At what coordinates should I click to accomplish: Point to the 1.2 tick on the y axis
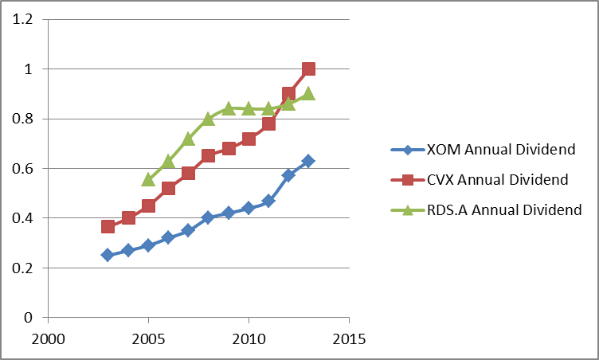coord(25,19)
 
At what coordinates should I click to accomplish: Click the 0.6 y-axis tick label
coord(25,168)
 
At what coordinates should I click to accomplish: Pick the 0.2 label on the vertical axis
coord(25,268)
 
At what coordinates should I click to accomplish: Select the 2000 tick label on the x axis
coord(48,338)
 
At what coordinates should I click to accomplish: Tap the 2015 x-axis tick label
coord(349,338)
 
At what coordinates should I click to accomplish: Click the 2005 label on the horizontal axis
coord(148,338)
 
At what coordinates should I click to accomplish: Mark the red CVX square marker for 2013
coord(308,69)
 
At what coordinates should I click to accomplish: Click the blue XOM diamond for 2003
coord(108,255)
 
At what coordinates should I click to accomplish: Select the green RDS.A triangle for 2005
coord(148,179)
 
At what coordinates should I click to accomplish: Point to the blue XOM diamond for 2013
coord(308,161)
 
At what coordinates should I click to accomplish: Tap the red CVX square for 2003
coord(108,227)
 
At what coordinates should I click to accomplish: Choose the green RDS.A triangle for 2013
coord(308,93)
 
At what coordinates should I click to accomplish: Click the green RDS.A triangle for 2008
coord(208,119)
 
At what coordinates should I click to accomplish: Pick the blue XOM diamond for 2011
coord(268,201)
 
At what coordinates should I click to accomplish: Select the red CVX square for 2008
coord(208,155)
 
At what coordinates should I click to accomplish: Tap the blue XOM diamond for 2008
coord(208,217)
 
